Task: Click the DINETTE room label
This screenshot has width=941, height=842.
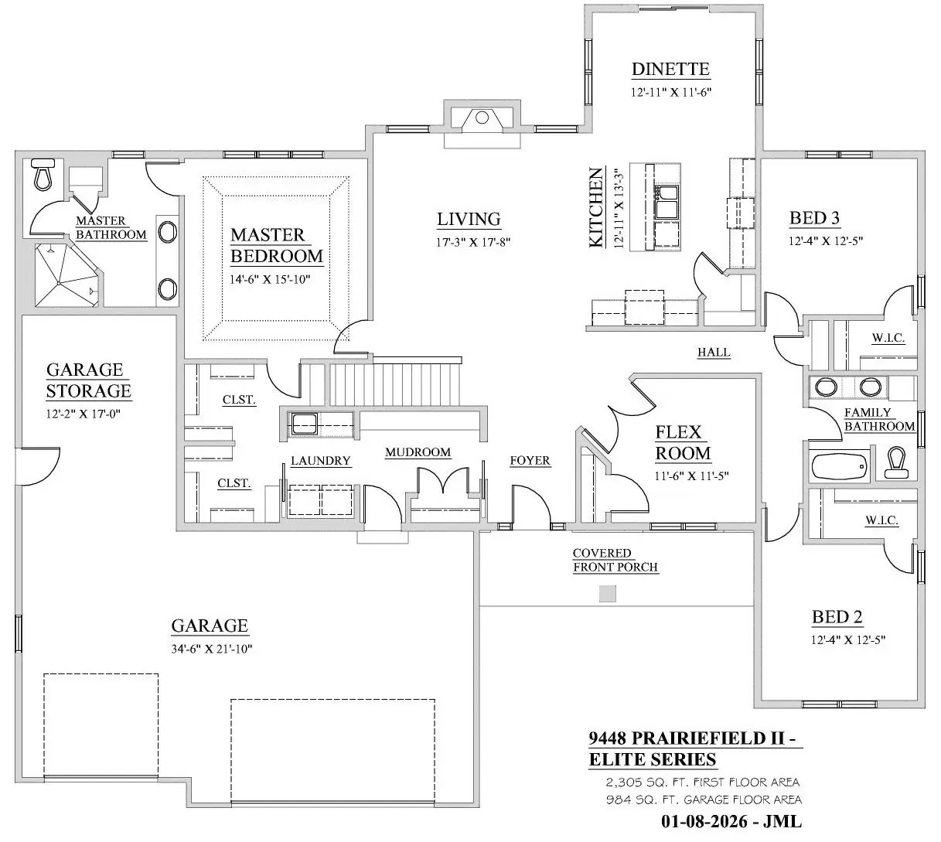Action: [x=670, y=69]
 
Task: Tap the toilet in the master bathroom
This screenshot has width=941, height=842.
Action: [x=43, y=174]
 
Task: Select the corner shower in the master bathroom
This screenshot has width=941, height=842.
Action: [x=66, y=275]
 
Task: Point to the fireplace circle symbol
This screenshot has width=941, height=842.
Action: [x=482, y=118]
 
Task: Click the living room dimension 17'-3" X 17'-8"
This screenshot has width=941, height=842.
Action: [x=473, y=242]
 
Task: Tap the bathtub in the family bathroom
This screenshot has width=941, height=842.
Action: [x=839, y=465]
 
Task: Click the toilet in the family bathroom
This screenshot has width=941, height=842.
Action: [x=896, y=462]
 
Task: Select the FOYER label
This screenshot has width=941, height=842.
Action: [x=530, y=460]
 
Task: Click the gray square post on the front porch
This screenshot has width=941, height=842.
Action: [x=607, y=594]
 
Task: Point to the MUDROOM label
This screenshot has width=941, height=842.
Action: [x=418, y=452]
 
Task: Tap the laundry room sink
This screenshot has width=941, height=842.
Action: [x=304, y=424]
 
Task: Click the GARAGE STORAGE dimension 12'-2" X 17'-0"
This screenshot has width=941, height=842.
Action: [x=84, y=414]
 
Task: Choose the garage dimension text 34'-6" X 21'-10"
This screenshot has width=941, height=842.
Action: [x=211, y=649]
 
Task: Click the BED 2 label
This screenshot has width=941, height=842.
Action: [x=837, y=617]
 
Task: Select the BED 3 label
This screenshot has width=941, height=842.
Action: [x=814, y=218]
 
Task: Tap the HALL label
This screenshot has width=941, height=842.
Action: [x=714, y=352]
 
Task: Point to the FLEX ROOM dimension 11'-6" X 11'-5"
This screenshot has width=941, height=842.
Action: [x=691, y=476]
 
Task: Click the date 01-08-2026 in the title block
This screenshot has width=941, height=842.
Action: [x=704, y=821]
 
